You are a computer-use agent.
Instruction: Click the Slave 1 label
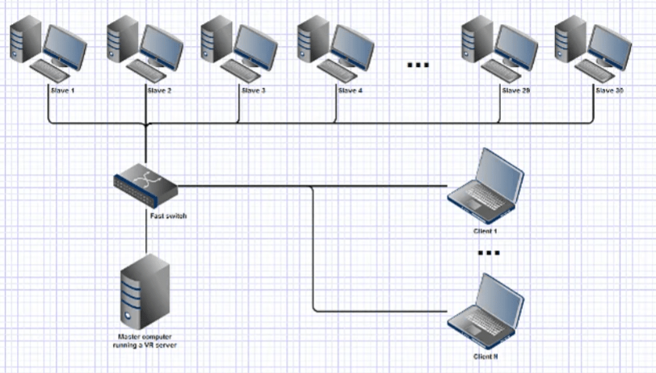coord(62,90)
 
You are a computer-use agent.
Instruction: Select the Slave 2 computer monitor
coord(160,43)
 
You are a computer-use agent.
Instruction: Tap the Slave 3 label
coord(254,90)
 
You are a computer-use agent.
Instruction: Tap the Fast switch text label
coord(168,216)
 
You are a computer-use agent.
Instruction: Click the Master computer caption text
coord(145,340)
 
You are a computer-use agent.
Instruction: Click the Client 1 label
coord(486,231)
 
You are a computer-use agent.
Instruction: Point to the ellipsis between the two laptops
coord(489,253)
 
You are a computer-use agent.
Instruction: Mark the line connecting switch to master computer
coord(145,235)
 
